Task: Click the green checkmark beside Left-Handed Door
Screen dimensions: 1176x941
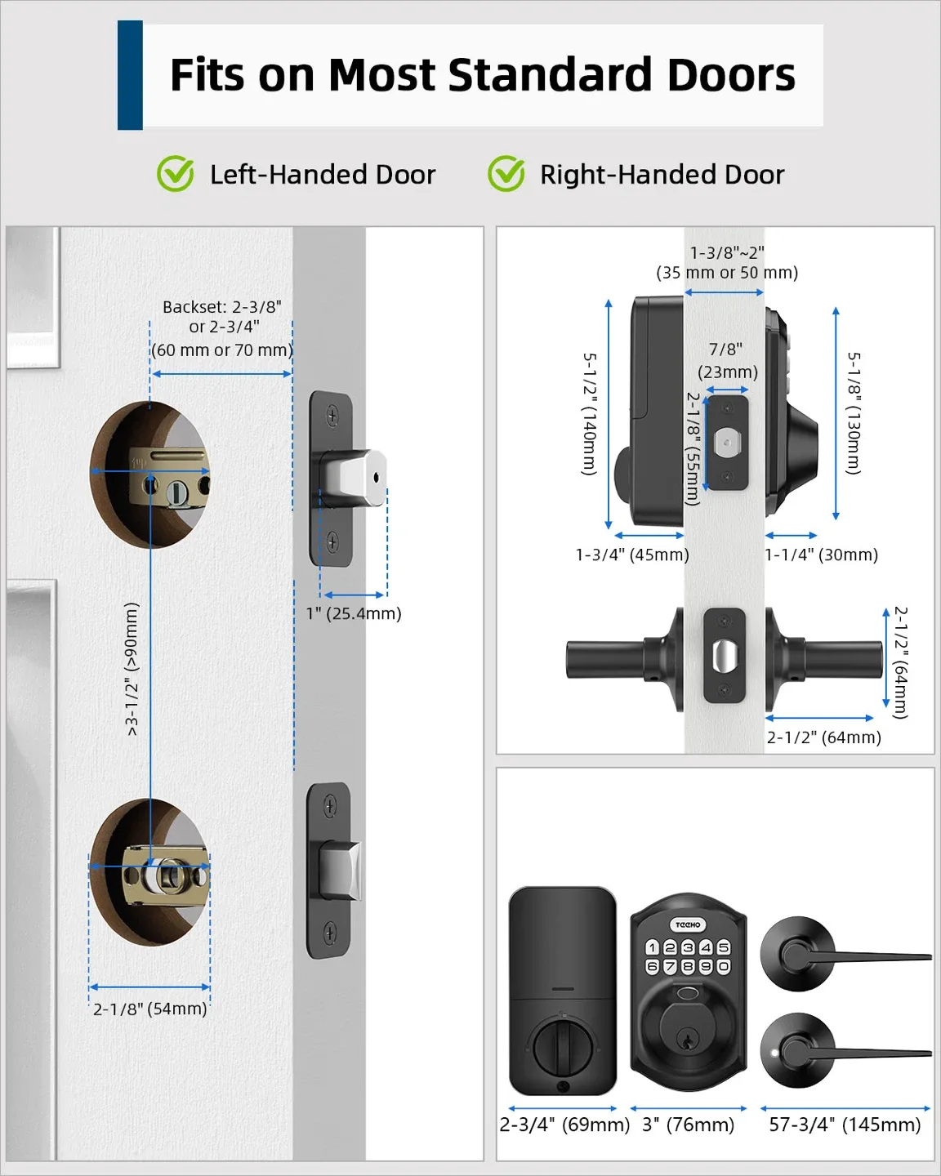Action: pos(175,174)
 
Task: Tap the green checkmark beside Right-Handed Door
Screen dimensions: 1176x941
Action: pos(506,174)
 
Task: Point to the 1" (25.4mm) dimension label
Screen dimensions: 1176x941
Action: pos(354,613)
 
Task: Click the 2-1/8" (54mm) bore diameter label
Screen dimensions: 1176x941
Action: pos(149,1009)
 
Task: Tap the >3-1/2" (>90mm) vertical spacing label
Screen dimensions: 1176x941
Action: pos(132,669)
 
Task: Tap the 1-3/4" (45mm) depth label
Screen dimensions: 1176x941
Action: pos(632,555)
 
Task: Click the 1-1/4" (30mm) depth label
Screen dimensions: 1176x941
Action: pos(821,555)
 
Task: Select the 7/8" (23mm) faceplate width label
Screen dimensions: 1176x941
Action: pos(727,360)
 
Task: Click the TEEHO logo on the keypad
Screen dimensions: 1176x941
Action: pos(688,924)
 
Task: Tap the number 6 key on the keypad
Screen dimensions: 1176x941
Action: pos(652,967)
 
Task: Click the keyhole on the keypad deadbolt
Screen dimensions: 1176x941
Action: pos(688,1040)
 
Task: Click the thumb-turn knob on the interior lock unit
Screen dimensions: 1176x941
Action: pos(562,1045)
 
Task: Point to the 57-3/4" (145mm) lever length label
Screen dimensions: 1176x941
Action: pos(845,1125)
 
